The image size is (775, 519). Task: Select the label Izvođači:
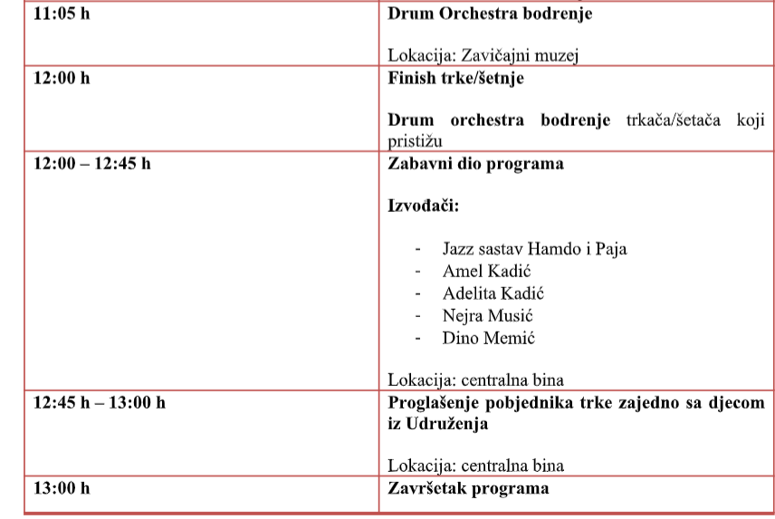point(424,207)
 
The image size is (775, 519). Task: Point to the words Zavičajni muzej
point(525,55)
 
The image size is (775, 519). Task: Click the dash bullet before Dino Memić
point(418,338)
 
